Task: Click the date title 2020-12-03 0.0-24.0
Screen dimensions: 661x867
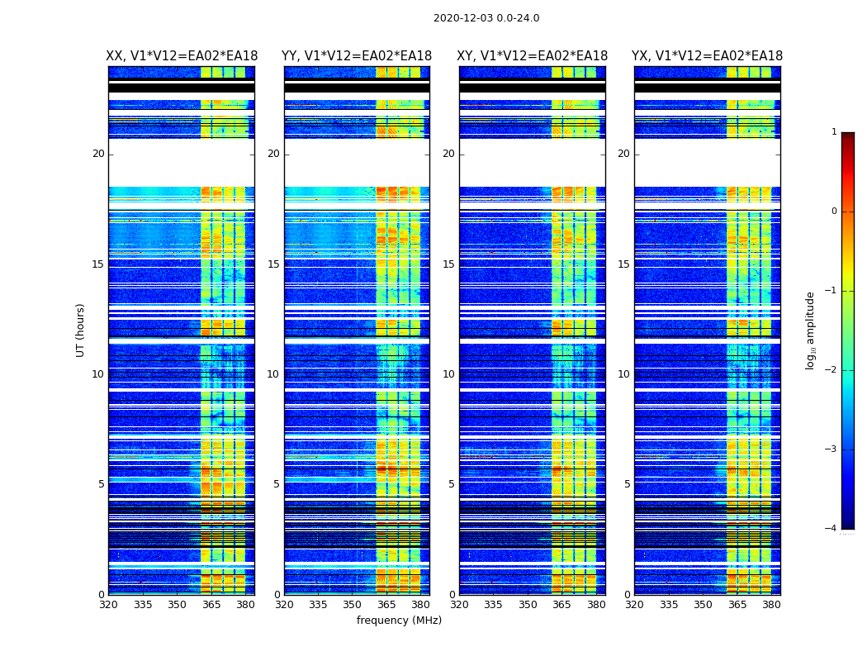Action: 486,18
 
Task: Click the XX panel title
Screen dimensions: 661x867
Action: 182,56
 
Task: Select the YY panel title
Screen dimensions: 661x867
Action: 357,56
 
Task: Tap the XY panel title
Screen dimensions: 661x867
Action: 533,56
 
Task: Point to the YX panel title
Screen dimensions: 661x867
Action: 708,56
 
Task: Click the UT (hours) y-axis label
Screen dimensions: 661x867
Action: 81,330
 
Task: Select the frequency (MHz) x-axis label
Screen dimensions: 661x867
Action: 399,621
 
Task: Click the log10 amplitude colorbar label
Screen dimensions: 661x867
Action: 811,330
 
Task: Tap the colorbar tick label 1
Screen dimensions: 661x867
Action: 833,132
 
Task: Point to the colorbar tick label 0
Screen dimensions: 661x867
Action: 833,212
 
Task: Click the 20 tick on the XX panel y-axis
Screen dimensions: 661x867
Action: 98,154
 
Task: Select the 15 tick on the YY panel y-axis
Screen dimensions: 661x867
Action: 273,264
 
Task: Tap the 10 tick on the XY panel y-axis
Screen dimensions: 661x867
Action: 448,374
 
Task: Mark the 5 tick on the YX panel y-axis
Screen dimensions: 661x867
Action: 627,484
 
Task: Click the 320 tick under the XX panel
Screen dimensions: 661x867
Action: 108,605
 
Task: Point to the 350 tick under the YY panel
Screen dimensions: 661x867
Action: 353,605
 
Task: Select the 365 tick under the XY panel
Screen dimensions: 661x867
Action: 562,605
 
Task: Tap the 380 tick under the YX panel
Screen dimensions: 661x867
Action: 771,605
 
